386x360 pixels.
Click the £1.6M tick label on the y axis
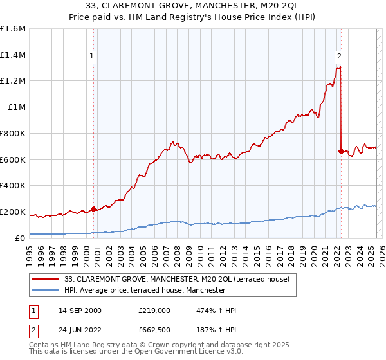coord(13,29)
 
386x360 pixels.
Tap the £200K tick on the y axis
coord(13,212)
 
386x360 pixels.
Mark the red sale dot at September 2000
coord(93,209)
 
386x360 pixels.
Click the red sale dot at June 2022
coord(340,151)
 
